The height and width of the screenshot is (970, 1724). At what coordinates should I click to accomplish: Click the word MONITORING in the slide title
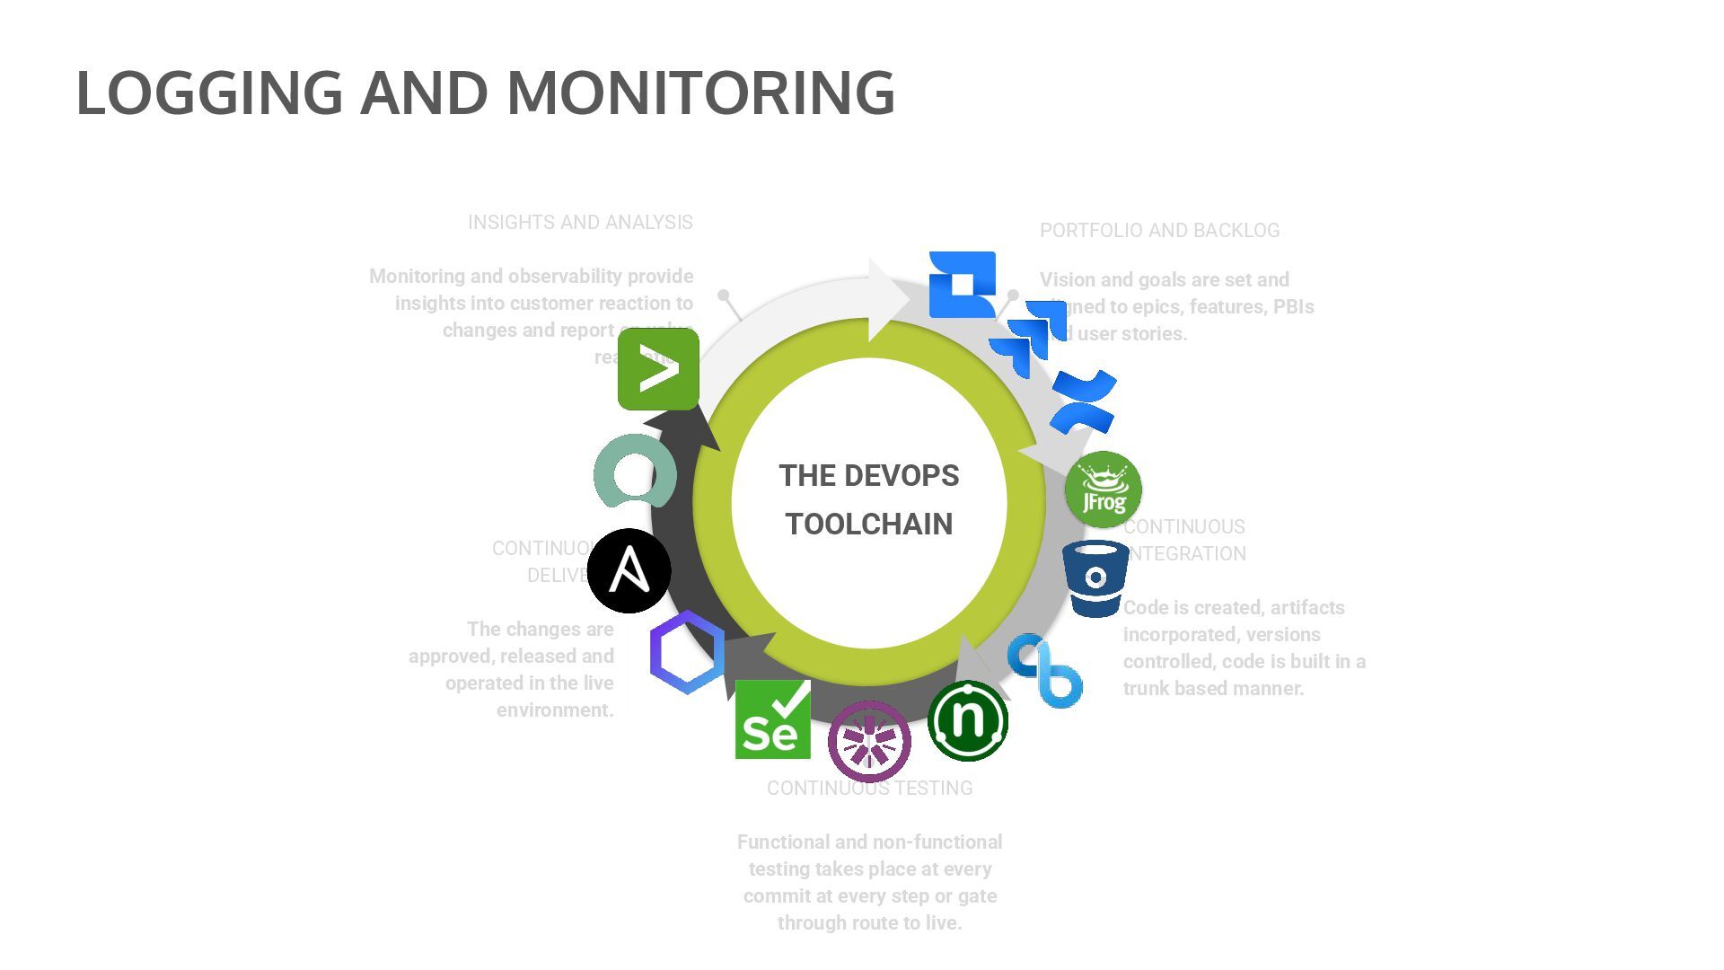point(700,93)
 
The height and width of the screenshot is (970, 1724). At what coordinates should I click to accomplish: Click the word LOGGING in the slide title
point(209,93)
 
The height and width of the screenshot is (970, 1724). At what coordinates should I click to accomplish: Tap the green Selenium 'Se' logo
point(772,719)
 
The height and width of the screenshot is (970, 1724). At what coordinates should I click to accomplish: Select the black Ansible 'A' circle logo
point(629,570)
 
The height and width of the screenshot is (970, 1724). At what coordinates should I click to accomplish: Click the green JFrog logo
point(1103,489)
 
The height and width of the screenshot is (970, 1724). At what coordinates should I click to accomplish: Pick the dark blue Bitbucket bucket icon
point(1095,579)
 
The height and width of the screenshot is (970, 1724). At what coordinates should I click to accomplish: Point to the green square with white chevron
point(658,369)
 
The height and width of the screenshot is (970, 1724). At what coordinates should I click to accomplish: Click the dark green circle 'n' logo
point(967,720)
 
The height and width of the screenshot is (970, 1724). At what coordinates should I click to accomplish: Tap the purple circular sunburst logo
point(869,741)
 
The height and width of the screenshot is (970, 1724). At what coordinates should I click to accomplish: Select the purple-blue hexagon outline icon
point(687,652)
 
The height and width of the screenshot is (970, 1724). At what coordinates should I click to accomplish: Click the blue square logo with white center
point(962,284)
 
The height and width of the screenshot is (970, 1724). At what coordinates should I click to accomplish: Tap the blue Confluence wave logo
point(1085,401)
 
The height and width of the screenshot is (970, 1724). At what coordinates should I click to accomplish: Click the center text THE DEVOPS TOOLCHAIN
point(868,499)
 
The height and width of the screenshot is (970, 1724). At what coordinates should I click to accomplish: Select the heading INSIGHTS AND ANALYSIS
point(580,223)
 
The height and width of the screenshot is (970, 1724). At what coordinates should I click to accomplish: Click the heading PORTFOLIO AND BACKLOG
point(1159,231)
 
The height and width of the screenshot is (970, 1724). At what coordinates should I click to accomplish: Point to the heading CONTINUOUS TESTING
point(869,789)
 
